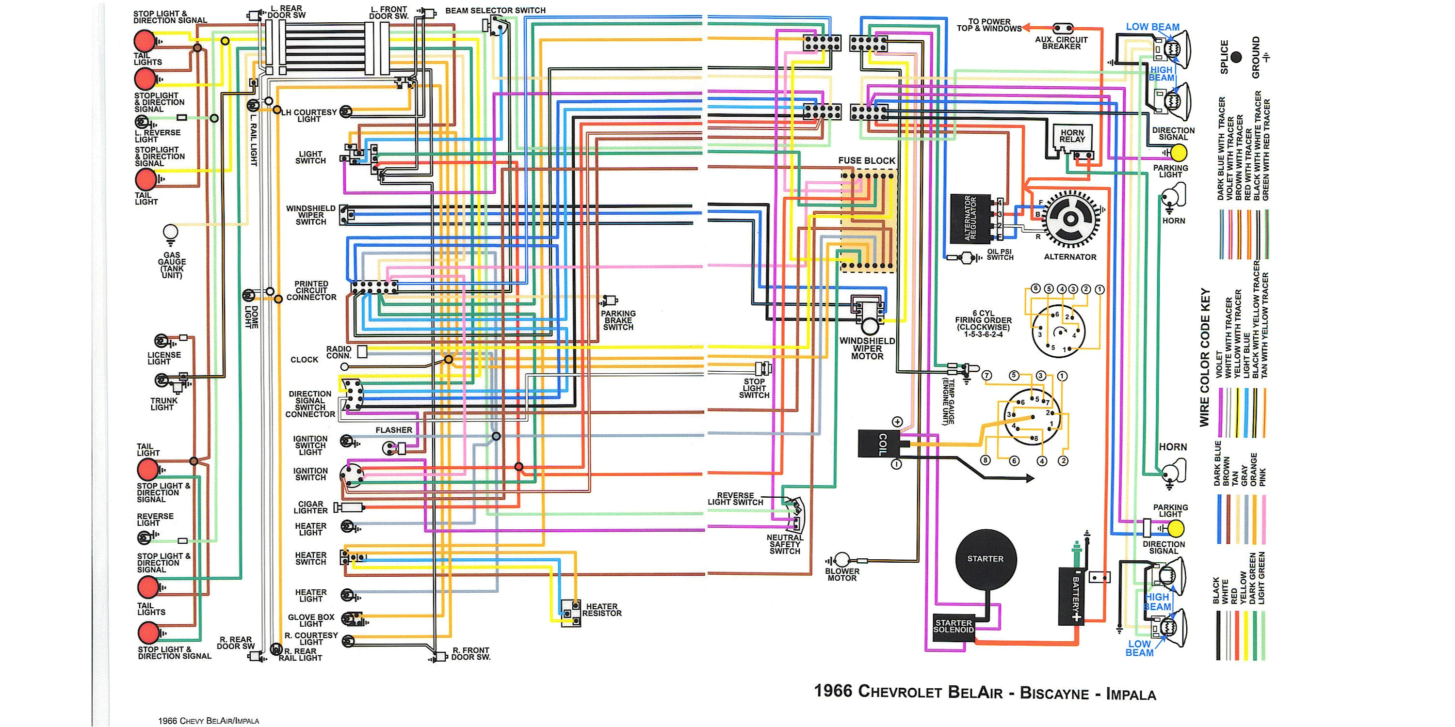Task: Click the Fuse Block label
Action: (x=866, y=161)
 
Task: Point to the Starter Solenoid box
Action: (x=954, y=627)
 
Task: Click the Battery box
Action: (x=1075, y=596)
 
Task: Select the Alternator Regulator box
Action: (x=971, y=219)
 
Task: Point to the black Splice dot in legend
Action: (x=1236, y=57)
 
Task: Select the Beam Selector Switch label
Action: (x=495, y=11)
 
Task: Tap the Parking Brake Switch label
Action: (x=618, y=320)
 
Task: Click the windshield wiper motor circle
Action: (x=869, y=326)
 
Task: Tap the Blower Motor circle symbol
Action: (x=842, y=560)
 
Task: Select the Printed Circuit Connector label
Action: (x=311, y=291)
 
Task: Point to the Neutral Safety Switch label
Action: (x=785, y=545)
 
